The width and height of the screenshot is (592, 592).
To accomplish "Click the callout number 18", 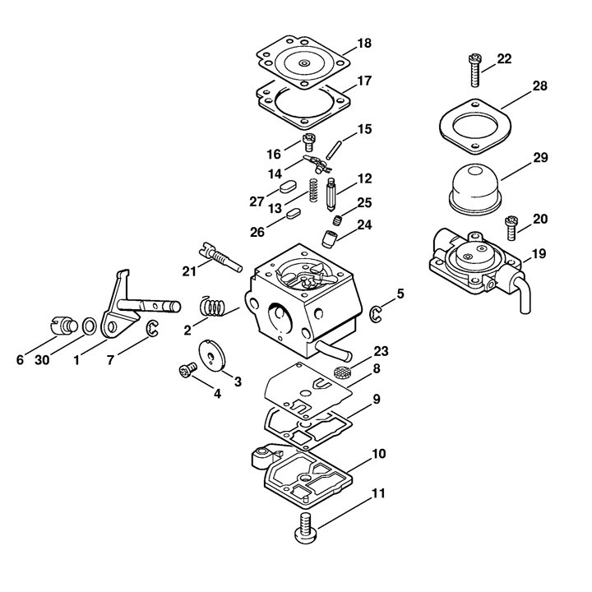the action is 364,43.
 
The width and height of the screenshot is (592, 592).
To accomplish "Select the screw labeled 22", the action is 474,70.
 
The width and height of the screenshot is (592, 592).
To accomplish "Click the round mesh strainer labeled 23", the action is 343,372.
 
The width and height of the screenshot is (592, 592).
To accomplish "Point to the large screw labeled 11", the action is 306,528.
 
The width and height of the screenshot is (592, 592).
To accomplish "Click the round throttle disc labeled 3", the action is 212,354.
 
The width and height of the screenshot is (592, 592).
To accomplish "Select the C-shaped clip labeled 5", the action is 375,315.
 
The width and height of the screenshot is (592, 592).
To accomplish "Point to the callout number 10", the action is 379,453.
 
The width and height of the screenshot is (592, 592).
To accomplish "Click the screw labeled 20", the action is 511,228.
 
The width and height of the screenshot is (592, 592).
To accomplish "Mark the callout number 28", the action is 539,86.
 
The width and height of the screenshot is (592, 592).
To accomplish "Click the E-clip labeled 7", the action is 152,328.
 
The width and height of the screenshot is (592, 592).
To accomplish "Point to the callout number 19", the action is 539,254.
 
